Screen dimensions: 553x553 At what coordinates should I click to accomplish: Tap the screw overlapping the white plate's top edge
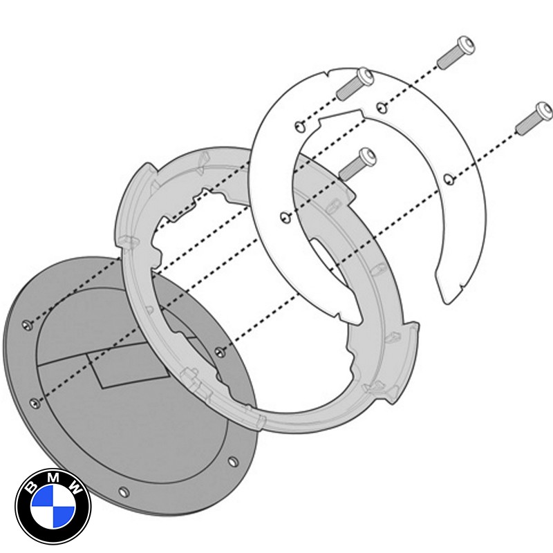[x=355, y=83]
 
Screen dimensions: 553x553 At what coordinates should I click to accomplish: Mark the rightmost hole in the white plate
[x=449, y=179]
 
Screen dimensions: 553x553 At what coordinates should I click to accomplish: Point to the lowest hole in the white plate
[x=283, y=218]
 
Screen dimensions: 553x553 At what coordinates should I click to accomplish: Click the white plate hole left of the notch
[x=298, y=125]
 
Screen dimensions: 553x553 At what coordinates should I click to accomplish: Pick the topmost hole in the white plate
[x=381, y=105]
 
